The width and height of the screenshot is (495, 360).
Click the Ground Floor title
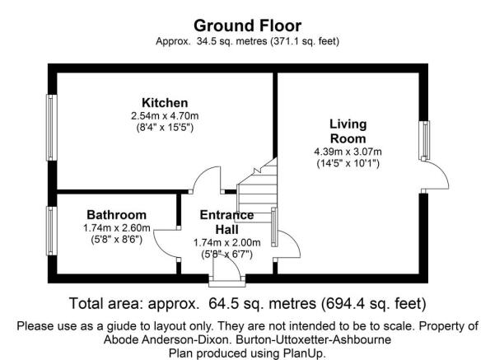[x=247, y=26]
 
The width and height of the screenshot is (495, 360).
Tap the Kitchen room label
[x=165, y=103]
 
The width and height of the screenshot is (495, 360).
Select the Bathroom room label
[x=116, y=215]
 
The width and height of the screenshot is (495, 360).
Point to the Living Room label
[x=348, y=131]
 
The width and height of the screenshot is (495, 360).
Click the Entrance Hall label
[x=226, y=222]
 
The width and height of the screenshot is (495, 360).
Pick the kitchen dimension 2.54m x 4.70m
[x=165, y=116]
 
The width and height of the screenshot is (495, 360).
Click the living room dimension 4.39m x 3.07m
[x=348, y=152]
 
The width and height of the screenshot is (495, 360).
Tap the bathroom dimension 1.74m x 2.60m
[x=116, y=227]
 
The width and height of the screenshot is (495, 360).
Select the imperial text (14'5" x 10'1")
[x=348, y=164]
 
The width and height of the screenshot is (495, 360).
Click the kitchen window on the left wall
[x=51, y=128]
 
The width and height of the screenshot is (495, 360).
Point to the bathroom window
[x=51, y=231]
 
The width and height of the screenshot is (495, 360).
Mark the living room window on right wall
[x=424, y=140]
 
